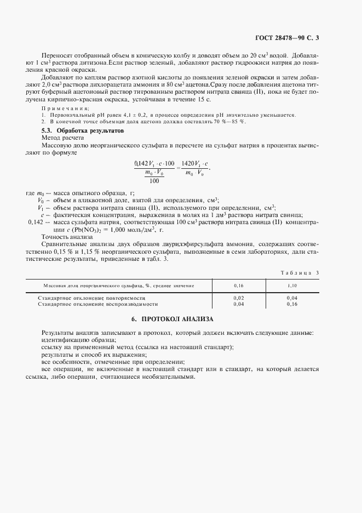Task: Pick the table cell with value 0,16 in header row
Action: (x=238, y=286)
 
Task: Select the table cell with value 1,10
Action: (x=292, y=286)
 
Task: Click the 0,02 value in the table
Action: (x=238, y=298)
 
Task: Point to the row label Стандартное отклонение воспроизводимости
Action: (x=97, y=303)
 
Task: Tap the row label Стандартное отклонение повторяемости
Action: (x=94, y=298)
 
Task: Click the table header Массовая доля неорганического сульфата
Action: (x=118, y=286)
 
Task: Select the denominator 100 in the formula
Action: (x=154, y=180)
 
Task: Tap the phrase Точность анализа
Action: (x=67, y=237)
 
